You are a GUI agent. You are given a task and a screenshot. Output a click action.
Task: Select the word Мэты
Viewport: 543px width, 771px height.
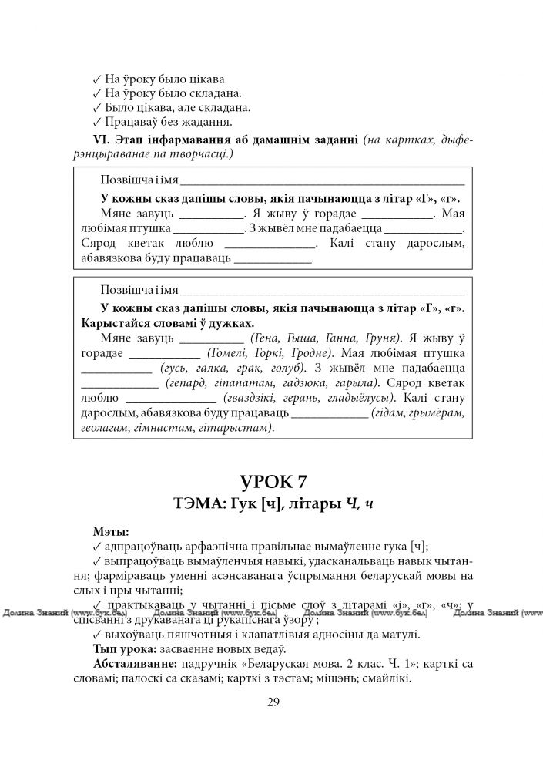coord(111,531)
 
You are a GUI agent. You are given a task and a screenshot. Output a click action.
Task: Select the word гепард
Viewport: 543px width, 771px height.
coord(183,383)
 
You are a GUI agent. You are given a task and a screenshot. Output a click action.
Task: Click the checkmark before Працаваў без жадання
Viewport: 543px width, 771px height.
coord(96,122)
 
